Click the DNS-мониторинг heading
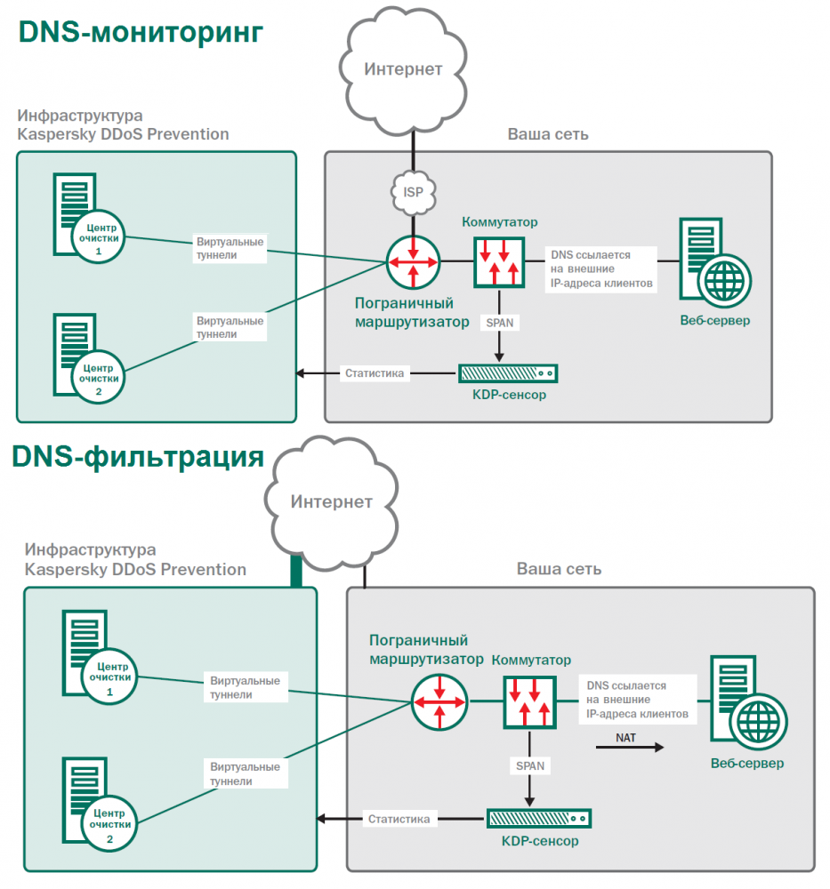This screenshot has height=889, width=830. [141, 32]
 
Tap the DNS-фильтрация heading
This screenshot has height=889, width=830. [138, 457]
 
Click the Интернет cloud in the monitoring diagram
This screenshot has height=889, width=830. [403, 69]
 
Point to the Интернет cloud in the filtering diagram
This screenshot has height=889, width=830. [331, 502]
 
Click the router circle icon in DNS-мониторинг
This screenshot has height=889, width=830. [413, 262]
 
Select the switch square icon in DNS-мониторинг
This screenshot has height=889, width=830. [500, 260]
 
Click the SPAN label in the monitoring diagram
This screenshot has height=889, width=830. [500, 323]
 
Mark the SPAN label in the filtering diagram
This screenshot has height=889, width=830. [530, 765]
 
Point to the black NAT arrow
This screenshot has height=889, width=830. [630, 749]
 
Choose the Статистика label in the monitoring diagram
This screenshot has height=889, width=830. [375, 373]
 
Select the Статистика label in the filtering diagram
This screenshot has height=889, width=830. [399, 819]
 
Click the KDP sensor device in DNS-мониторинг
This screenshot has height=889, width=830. [508, 373]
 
